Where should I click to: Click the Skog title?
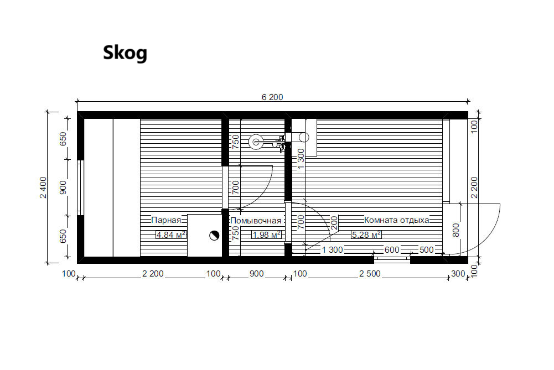tap(125, 53)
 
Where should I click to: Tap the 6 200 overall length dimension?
tap(272, 97)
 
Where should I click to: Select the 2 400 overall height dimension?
tap(43, 187)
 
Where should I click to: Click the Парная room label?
tap(166, 220)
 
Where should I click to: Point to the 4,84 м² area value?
tap(171, 234)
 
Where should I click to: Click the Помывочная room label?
tap(256, 221)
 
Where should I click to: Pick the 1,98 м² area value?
tap(267, 234)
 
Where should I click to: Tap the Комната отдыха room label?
tap(397, 220)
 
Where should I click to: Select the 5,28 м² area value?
tap(366, 234)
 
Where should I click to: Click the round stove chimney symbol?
tap(214, 236)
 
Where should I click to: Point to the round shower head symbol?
tap(256, 142)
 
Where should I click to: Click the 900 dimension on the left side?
tap(63, 187)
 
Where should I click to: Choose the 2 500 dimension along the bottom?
tap(370, 274)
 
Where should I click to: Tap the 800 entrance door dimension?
tap(456, 230)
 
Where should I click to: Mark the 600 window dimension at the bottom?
tap(392, 250)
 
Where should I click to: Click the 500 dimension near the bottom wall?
tap(427, 250)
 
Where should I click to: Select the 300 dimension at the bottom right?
tap(458, 274)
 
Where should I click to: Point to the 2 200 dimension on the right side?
tap(474, 187)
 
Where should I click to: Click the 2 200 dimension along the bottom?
tap(153, 274)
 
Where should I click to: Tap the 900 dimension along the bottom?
tap(256, 274)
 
